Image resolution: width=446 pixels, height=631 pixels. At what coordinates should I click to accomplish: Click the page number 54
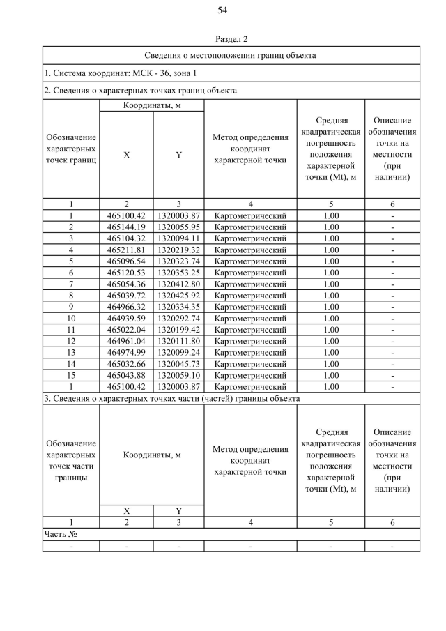[x=223, y=10]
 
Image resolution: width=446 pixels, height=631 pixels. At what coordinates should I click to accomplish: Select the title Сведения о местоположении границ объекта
[x=231, y=54]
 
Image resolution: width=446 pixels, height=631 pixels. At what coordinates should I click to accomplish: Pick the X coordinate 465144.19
[x=126, y=227]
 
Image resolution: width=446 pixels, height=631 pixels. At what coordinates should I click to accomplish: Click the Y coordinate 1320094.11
[x=178, y=238]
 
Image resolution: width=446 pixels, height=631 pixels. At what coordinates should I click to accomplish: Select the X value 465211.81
[x=126, y=250]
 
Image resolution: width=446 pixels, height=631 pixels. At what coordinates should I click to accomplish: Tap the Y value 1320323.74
[x=178, y=261]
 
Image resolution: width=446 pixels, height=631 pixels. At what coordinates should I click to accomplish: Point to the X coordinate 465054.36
[x=126, y=284]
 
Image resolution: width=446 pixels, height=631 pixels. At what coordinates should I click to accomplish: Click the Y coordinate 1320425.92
[x=178, y=295]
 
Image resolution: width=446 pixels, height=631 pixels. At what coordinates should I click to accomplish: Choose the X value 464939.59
[x=126, y=318]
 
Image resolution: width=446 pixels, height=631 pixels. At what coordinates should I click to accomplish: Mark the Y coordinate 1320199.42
[x=178, y=329]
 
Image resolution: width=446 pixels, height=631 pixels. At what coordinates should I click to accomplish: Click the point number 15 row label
[x=71, y=375]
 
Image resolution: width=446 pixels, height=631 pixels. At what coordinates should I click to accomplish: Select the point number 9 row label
[x=71, y=307]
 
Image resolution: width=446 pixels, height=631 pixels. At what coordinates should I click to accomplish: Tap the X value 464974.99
[x=126, y=352]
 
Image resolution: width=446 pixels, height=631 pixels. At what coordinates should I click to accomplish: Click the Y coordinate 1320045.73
[x=178, y=363]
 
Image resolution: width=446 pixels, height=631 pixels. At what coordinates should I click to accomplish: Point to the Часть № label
[x=60, y=534]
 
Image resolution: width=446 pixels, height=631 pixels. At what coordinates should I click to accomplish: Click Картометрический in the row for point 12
[x=250, y=341]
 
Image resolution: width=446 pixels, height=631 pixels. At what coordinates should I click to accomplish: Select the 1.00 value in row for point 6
[x=331, y=273]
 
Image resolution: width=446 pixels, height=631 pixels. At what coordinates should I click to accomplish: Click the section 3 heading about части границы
[x=171, y=398]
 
